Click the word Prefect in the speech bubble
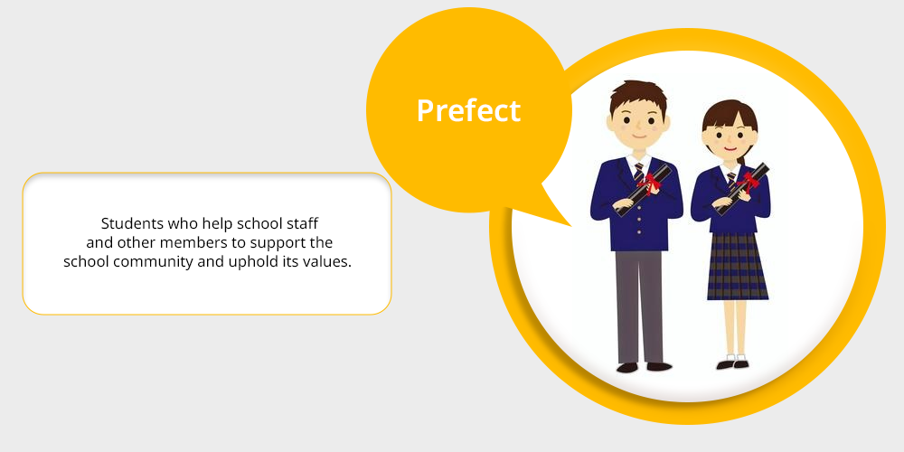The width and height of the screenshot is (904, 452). [x=468, y=110]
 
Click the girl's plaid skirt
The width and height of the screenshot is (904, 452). [x=738, y=266]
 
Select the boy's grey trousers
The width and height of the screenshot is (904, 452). [x=639, y=306]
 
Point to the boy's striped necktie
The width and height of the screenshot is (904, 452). [x=639, y=171]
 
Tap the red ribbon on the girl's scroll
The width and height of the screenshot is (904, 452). [x=749, y=182]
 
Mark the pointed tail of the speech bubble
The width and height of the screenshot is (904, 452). [x=570, y=226]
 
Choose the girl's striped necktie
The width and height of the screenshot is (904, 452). [x=731, y=181]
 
